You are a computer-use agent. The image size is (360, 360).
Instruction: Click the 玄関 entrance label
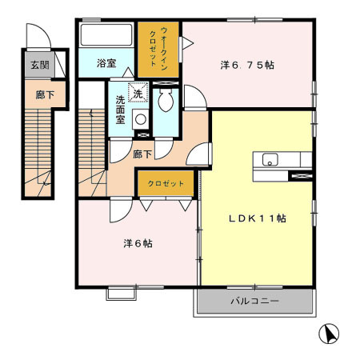38,66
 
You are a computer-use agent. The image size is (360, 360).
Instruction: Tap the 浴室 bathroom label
107,62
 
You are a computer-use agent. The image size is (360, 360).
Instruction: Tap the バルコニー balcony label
254,303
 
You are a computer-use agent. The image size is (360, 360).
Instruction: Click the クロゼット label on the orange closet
166,184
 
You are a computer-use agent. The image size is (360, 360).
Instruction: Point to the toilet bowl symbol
166,102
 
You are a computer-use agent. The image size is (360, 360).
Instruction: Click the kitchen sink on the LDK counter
270,158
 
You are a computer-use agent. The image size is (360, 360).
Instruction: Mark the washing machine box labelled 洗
138,93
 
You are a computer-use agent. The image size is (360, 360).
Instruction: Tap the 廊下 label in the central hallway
143,153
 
